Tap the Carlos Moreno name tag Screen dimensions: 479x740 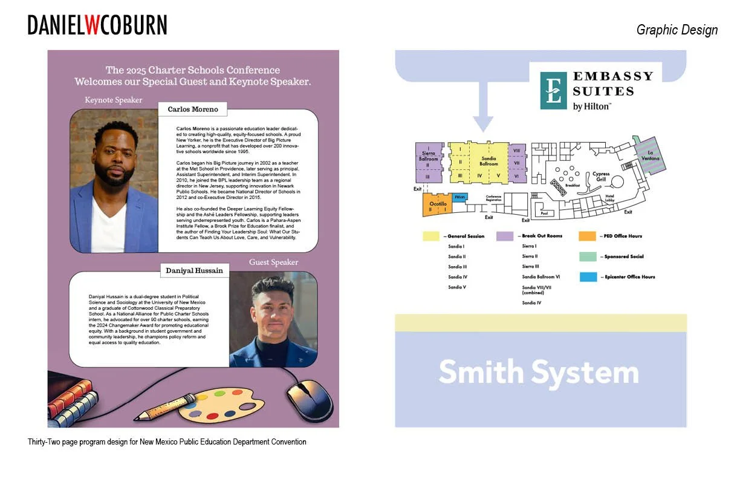tap(192, 109)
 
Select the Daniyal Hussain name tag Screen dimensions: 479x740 tap(194, 271)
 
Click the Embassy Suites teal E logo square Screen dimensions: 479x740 tap(553, 91)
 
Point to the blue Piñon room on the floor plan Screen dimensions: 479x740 tap(459, 197)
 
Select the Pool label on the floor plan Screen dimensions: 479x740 tap(544, 213)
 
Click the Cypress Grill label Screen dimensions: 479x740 tap(600, 177)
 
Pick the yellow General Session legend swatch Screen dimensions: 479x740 tap(431, 236)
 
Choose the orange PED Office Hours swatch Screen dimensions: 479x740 tap(586, 236)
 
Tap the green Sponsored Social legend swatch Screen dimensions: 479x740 tap(586, 257)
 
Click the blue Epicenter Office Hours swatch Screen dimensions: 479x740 tap(586, 277)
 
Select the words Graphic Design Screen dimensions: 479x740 tap(677, 30)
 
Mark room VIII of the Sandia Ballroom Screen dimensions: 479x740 tap(516, 150)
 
